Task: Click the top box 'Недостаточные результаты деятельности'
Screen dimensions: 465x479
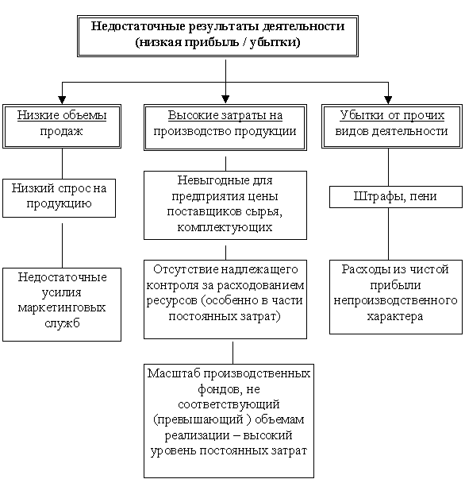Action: point(217,36)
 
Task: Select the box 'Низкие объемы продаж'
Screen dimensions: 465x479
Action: point(62,126)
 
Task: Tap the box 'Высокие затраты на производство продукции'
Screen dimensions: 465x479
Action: point(225,127)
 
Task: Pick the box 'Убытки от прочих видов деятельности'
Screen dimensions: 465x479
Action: point(392,126)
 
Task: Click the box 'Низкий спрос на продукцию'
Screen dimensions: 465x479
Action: point(60,199)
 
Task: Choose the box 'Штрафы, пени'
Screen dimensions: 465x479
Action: point(396,197)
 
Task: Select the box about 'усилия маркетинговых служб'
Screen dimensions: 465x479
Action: point(62,304)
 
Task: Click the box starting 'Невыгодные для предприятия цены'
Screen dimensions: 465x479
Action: point(225,205)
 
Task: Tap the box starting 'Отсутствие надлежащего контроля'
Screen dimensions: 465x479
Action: point(225,299)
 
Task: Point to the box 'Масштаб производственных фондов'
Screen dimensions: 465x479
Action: point(229,421)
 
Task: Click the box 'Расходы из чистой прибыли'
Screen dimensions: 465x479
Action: point(396,297)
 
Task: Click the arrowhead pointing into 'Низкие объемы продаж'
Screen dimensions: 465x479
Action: point(62,100)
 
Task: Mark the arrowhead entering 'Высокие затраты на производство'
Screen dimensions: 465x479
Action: point(225,99)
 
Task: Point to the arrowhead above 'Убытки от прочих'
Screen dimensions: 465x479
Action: point(388,100)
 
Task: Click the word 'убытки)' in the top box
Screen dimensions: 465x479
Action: point(275,42)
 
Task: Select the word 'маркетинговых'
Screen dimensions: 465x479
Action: point(62,307)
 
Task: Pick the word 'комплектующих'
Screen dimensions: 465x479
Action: point(225,228)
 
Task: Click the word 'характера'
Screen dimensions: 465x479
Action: point(395,316)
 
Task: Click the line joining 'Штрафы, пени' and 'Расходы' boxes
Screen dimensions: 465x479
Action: point(388,234)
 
